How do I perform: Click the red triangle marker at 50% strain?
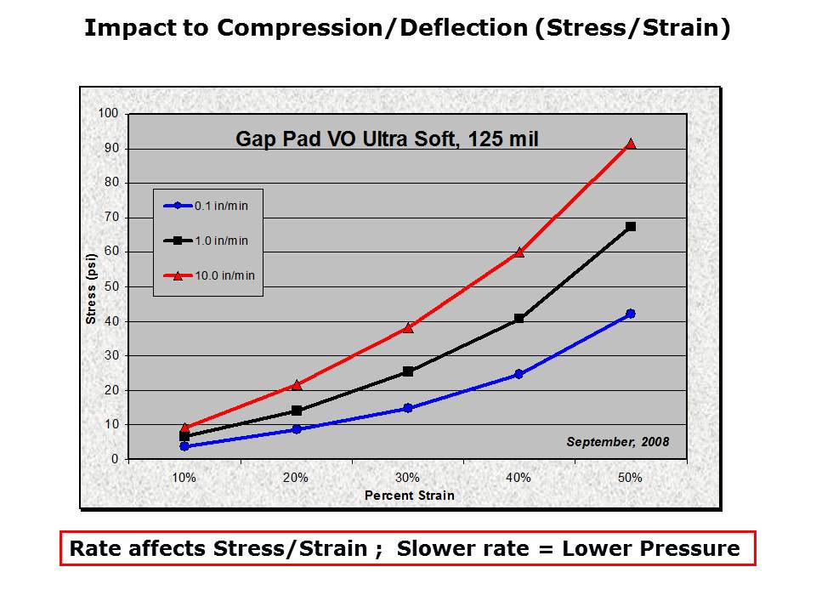(x=631, y=144)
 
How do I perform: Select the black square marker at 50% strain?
(x=631, y=227)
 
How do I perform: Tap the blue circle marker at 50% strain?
(x=631, y=314)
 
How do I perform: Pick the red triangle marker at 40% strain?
(x=519, y=252)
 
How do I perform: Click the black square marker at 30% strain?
(x=408, y=371)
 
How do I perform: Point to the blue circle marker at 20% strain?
(x=297, y=429)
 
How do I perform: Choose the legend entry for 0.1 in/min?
(x=207, y=205)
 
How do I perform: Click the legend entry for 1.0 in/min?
(x=207, y=241)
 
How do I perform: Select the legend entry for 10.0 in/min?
(x=207, y=275)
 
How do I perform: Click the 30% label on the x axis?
(x=408, y=478)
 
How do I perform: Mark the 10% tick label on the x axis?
(x=184, y=478)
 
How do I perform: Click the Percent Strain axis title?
(x=410, y=496)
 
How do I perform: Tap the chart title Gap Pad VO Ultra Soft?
(x=387, y=139)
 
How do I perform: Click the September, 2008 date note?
(x=618, y=442)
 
